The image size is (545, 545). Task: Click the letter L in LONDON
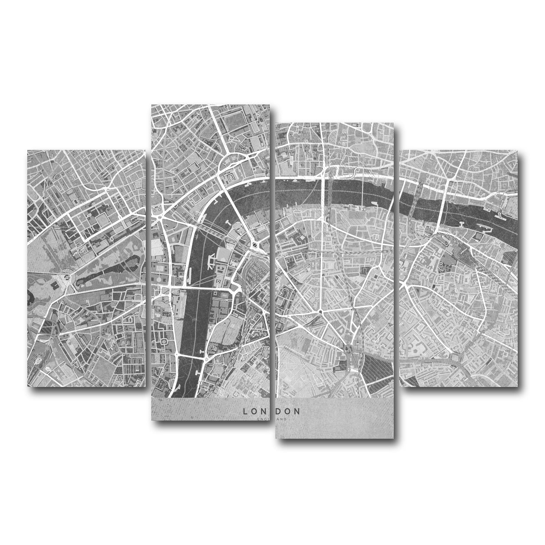(246, 411)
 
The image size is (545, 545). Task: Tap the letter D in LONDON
(277, 411)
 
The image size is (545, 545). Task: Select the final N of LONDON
(297, 411)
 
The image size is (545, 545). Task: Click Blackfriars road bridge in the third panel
(324, 195)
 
